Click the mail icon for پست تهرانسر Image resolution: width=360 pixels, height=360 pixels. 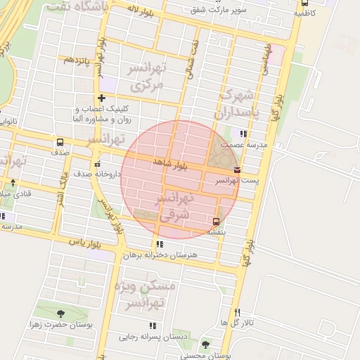click(236, 169)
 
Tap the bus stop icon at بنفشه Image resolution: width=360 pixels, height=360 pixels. click(216, 222)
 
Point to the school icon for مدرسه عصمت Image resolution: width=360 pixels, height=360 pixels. click(243, 133)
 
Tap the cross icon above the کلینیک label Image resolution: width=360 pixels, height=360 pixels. click(102, 98)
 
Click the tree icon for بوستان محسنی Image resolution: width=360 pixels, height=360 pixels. click(205, 345)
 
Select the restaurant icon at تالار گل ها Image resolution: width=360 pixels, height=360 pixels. click(237, 312)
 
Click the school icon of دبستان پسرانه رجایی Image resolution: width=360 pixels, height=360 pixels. click(152, 326)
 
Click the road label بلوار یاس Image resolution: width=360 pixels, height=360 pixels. click(85, 243)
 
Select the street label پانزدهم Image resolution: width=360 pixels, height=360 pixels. click(78, 60)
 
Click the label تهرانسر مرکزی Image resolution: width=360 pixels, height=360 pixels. click(146, 77)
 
